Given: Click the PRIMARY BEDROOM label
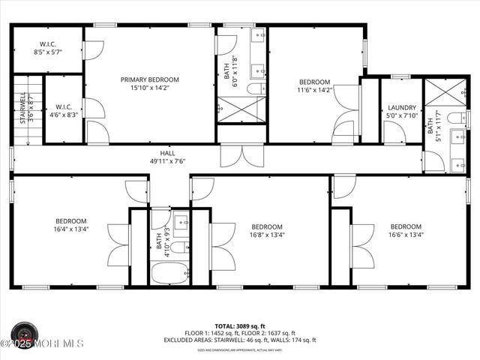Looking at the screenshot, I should tap(150, 79).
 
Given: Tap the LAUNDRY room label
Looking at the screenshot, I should tap(400, 107).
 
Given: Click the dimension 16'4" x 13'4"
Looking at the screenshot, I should tap(71, 231).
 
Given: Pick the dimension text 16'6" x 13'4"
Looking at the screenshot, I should tap(406, 235).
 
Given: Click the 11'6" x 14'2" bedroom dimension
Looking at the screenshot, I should tap(315, 91).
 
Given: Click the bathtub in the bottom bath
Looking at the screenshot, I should tap(170, 273).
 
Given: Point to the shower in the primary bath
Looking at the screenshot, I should tap(241, 109).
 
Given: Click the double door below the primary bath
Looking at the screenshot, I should tap(241, 156).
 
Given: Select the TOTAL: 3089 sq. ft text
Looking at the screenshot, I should tap(240, 326).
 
